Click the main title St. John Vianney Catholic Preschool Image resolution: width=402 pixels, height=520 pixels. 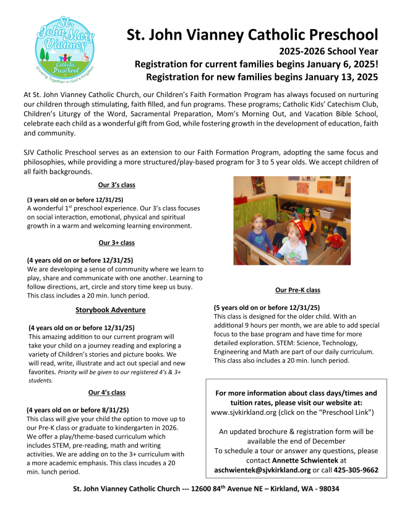click(x=252, y=35)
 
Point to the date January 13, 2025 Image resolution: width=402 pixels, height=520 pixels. click(x=339, y=77)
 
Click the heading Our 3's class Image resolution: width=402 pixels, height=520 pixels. click(x=116, y=185)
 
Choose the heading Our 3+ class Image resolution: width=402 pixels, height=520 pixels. click(x=116, y=243)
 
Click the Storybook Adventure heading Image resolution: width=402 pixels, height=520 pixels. click(x=110, y=310)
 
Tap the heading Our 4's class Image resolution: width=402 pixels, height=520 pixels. click(x=106, y=392)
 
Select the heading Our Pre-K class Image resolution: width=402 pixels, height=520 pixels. click(x=297, y=290)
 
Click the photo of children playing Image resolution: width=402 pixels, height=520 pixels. click(x=291, y=220)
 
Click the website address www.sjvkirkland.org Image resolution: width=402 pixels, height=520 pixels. click(x=248, y=412)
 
